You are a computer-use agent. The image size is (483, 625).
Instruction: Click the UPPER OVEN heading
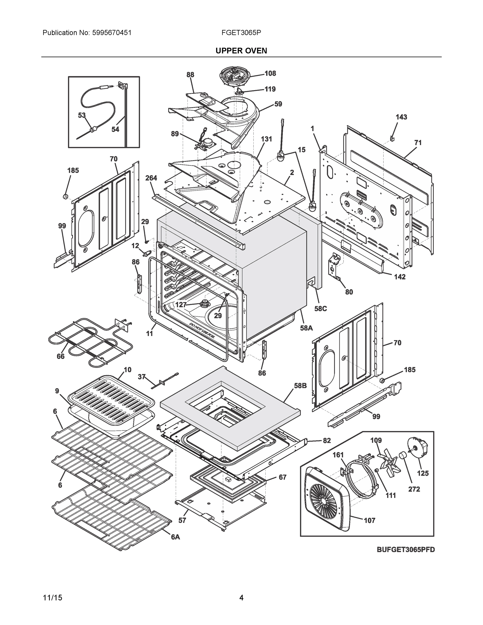click(x=241, y=51)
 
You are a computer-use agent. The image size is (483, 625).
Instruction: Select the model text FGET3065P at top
click(x=241, y=33)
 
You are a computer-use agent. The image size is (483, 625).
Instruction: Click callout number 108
click(x=270, y=73)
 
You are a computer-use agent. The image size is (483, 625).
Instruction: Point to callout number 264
click(x=151, y=178)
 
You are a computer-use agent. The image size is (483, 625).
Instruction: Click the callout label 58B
click(x=300, y=386)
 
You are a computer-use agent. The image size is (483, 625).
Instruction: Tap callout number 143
click(x=401, y=117)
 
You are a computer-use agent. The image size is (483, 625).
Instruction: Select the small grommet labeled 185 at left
click(x=65, y=196)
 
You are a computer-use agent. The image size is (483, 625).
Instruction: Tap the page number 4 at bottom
click(x=241, y=598)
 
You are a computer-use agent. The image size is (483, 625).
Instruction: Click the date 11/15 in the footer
click(x=52, y=598)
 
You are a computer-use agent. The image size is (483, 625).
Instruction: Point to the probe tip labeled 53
click(x=92, y=130)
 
